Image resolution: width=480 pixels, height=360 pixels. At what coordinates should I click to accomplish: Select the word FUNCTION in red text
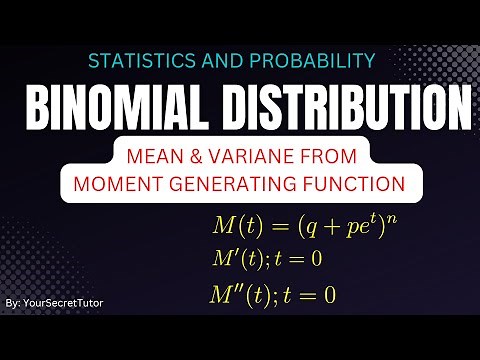[347, 184]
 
